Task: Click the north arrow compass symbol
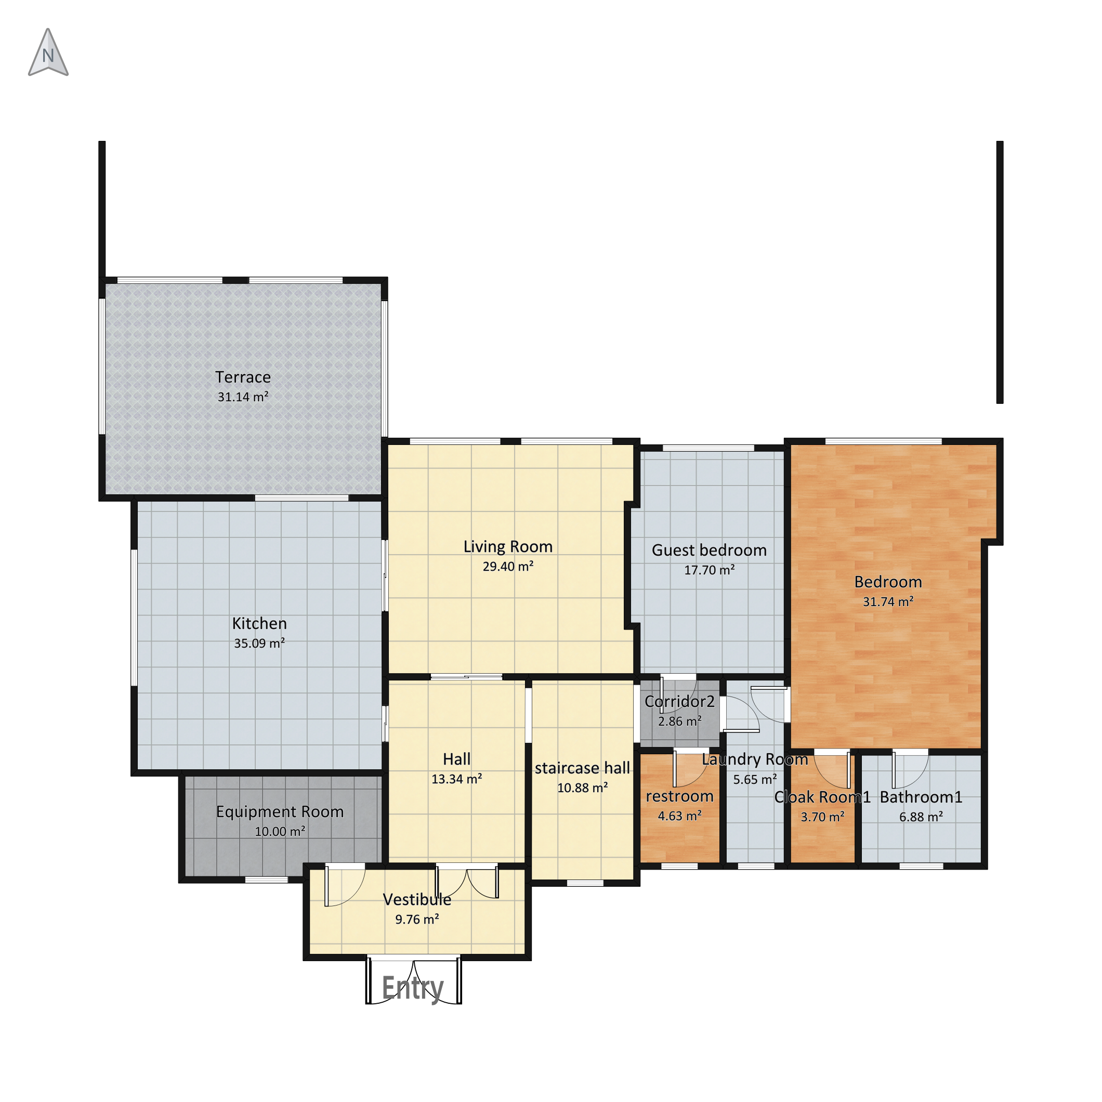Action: click(48, 53)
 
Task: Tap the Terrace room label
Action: click(243, 377)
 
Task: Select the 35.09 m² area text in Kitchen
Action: click(259, 643)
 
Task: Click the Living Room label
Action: click(508, 546)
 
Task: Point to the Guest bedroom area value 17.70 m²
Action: click(709, 569)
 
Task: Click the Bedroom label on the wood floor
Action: click(888, 582)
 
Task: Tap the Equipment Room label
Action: click(280, 811)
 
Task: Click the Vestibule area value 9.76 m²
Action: click(417, 919)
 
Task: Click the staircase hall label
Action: click(582, 768)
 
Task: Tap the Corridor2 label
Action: click(679, 701)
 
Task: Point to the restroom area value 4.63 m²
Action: click(679, 816)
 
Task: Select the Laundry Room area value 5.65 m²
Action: click(755, 779)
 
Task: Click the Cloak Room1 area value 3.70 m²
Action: click(822, 817)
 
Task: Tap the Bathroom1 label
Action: click(921, 797)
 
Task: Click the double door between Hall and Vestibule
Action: click(467, 884)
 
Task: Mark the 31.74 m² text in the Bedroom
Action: click(888, 601)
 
